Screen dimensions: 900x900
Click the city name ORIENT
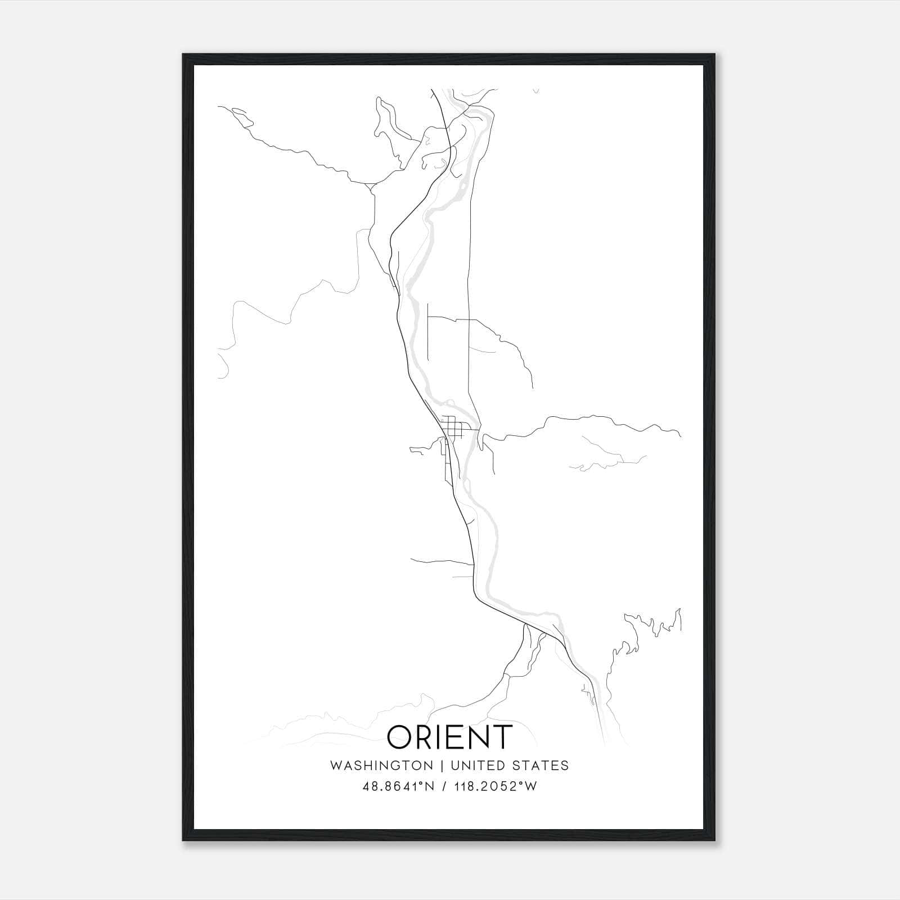(450, 737)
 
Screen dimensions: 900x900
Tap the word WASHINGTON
(382, 766)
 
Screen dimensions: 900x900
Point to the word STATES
(541, 766)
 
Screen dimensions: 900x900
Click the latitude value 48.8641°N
(398, 786)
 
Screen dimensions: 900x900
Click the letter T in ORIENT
(502, 737)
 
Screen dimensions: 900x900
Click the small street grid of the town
(452, 426)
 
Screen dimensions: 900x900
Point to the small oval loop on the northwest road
(239, 112)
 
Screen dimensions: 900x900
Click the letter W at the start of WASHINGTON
(336, 766)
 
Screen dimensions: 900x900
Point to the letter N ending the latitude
(429, 786)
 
